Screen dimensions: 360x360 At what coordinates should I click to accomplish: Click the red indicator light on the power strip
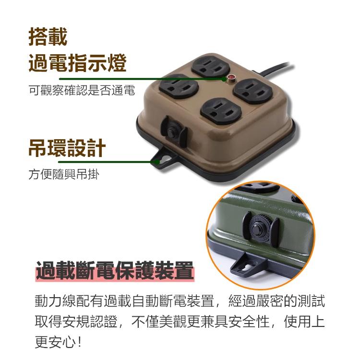(230, 78)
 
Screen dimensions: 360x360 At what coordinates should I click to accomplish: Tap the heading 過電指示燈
(78, 63)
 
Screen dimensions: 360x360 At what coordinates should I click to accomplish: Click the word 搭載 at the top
(48, 37)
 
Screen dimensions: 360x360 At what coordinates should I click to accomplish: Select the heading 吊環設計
(67, 148)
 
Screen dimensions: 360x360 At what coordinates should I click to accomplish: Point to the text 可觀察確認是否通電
(82, 90)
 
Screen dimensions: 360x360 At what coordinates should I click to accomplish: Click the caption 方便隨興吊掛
(64, 175)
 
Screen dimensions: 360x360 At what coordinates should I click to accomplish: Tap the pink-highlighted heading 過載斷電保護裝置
(115, 270)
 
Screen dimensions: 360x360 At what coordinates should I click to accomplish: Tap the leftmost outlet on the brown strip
(179, 86)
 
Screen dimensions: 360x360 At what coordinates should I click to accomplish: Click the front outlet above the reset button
(221, 111)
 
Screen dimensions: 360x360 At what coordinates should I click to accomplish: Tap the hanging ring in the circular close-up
(248, 267)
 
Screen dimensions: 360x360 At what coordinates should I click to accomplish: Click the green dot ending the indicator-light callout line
(224, 79)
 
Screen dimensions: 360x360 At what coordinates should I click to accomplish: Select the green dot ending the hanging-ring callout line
(157, 162)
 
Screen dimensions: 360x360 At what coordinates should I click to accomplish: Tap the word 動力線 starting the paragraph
(55, 301)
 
